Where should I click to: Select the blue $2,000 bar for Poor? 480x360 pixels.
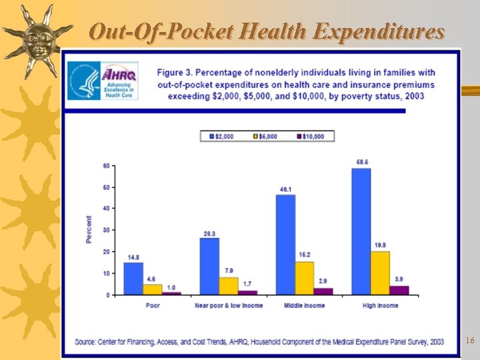[133, 278]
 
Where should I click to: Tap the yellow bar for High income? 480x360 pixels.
[380, 273]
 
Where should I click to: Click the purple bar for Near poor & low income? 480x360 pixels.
[247, 292]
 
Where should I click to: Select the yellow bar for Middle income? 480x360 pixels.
[304, 277]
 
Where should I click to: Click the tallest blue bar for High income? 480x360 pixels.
[361, 231]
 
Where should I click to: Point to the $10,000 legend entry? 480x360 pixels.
[309, 136]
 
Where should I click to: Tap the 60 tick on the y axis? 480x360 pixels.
[105, 165]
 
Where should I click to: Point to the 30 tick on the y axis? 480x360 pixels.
[105, 230]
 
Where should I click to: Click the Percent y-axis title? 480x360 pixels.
[89, 229]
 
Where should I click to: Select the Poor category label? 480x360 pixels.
[153, 305]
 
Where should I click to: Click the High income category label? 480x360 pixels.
[380, 305]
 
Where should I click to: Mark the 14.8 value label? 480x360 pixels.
[133, 257]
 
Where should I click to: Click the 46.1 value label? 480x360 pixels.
[285, 190]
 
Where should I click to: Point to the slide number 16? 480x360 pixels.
[469, 341]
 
